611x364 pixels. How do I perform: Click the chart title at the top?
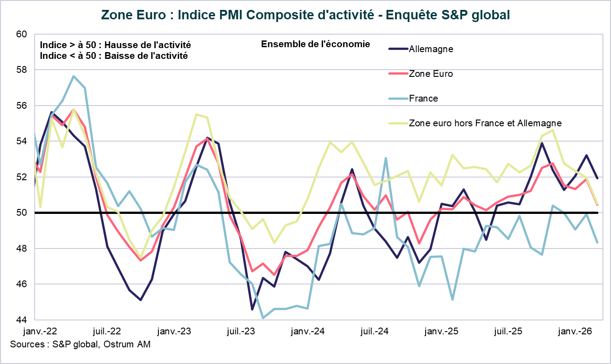tap(305, 14)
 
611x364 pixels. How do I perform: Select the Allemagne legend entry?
tap(431, 49)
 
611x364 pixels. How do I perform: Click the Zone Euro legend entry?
tap(431, 74)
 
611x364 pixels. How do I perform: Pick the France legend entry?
tap(423, 98)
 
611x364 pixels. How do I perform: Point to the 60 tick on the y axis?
tap(22, 34)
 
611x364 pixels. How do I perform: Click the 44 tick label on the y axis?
tap(22, 320)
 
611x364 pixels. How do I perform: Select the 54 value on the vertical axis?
tap(22, 142)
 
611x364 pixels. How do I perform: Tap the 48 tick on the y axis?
tap(22, 249)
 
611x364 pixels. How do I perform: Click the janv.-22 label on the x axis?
tap(40, 332)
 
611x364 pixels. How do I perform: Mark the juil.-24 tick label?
tap(375, 332)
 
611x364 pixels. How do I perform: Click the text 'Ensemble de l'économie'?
tap(315, 44)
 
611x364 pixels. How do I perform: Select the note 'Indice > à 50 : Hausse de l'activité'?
tap(115, 45)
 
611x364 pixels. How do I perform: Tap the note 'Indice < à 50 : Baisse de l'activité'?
tap(113, 56)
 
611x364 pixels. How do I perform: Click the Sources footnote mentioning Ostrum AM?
tap(80, 345)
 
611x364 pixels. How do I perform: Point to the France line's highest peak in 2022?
tap(73, 76)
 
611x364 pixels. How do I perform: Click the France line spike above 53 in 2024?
tap(386, 158)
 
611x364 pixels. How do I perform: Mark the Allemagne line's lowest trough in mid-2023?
tap(252, 310)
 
